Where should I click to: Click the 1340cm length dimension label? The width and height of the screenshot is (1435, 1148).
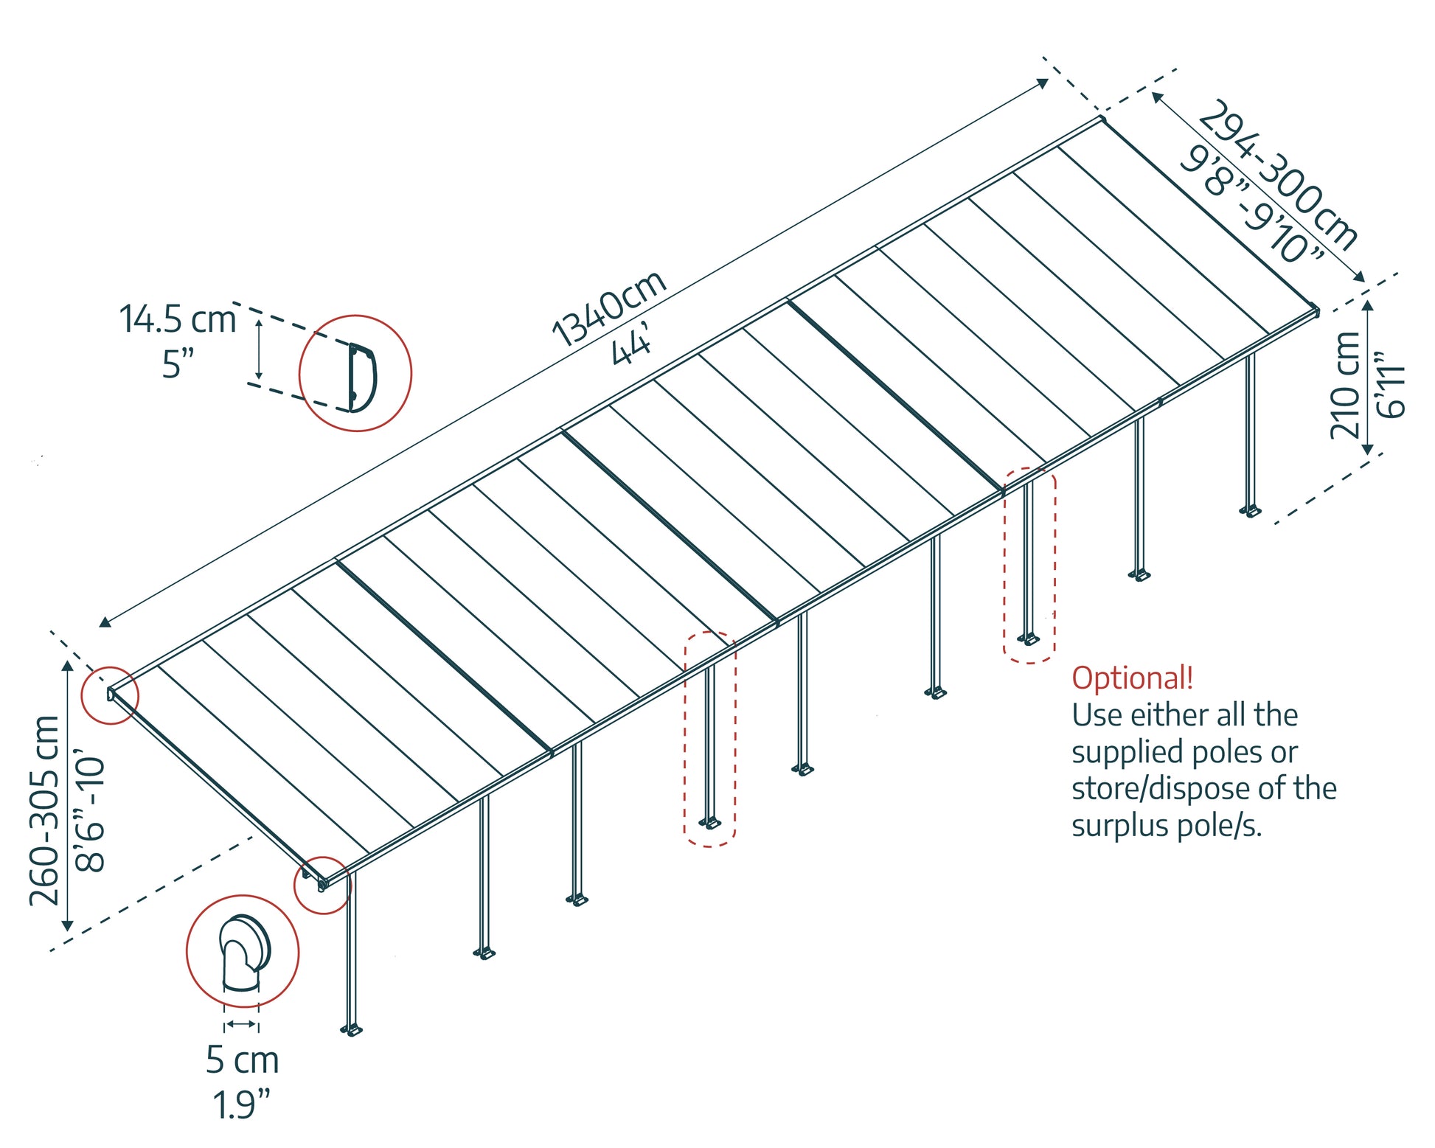coord(608,307)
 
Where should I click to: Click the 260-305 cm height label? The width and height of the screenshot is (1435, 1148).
coord(44,810)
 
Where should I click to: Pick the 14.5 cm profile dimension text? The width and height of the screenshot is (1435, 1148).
coord(177,319)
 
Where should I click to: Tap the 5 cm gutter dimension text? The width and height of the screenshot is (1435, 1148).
coord(242,1060)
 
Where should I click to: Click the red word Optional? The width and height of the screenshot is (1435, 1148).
coord(1132,678)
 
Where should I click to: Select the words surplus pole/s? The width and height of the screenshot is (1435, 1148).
coord(1167,825)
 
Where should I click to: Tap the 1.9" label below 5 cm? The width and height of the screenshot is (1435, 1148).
coord(242,1104)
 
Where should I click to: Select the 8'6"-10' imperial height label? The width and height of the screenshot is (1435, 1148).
coord(90,812)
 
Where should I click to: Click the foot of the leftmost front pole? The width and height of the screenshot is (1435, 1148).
coord(352,1029)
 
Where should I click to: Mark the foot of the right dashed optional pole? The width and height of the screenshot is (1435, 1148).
coord(1029,639)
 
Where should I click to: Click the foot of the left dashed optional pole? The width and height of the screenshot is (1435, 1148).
coord(710,822)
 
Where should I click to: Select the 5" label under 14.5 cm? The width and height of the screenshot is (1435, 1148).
coord(178,363)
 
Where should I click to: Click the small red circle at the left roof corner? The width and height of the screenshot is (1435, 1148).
coord(110,695)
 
